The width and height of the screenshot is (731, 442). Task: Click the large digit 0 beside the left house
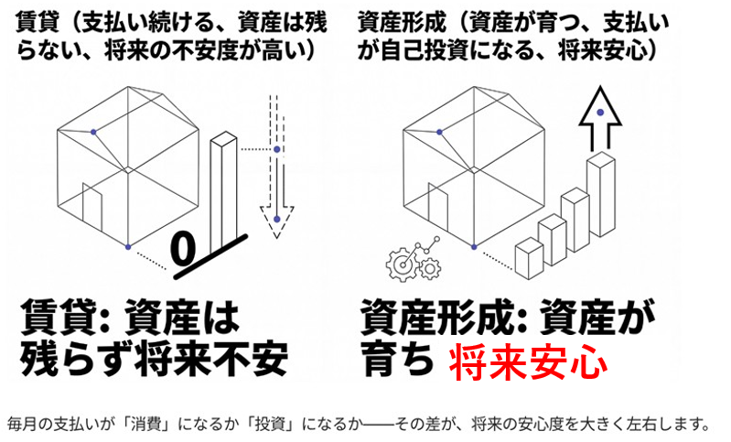[x=186, y=246]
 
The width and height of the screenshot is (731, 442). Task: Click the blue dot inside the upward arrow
[x=599, y=112]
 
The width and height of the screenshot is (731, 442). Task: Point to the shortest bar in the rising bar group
[x=529, y=258]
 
